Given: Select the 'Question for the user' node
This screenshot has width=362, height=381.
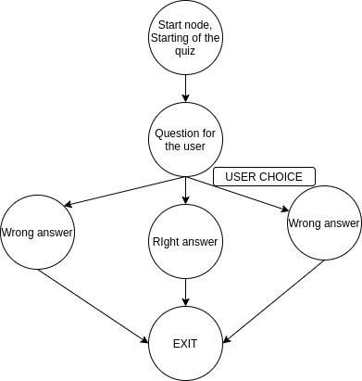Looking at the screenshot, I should (x=186, y=140).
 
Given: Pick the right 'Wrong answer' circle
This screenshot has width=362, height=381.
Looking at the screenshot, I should (x=323, y=223).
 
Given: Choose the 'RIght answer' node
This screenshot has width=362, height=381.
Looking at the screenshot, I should (x=186, y=243).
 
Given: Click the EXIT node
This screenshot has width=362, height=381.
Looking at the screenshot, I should (x=186, y=342).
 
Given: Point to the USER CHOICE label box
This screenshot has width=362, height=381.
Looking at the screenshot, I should (x=264, y=176).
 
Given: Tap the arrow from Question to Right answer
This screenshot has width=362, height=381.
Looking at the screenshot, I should (x=186, y=191).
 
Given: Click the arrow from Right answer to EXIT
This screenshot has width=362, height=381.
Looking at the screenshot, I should (x=186, y=292).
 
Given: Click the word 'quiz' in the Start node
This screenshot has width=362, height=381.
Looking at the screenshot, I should (x=186, y=51).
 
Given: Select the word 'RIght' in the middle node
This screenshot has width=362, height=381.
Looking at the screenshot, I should (x=167, y=243).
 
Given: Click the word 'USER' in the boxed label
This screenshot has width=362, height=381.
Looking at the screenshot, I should (x=237, y=176).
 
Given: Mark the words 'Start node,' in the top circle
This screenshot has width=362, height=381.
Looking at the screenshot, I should (x=186, y=24).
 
